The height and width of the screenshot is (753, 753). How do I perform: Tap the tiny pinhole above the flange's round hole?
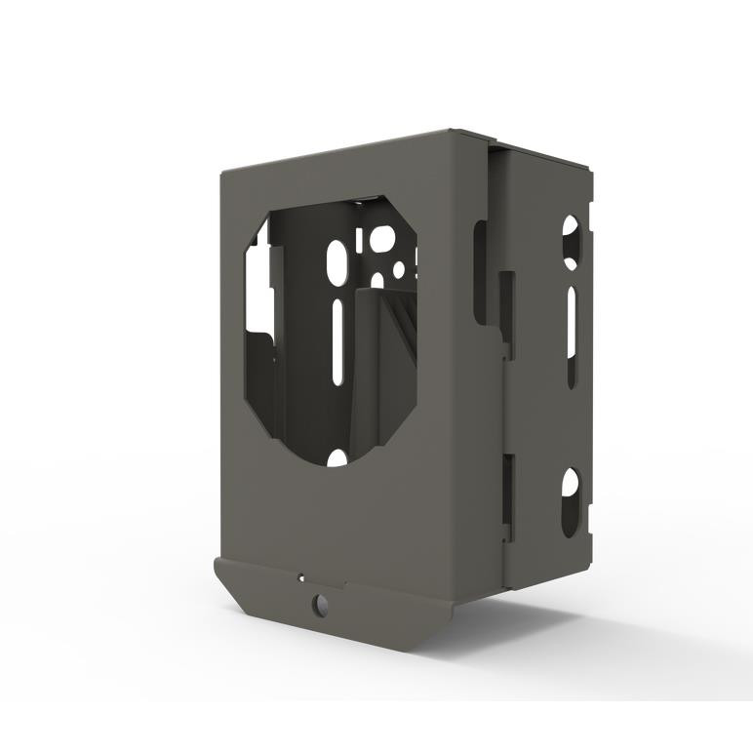click(x=302, y=577)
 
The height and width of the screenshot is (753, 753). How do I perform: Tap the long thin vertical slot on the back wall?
click(x=337, y=341)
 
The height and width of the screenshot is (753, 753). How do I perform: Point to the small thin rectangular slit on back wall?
click(x=360, y=240)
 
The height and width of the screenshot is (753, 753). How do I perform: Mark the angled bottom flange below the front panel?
click(x=332, y=610)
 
